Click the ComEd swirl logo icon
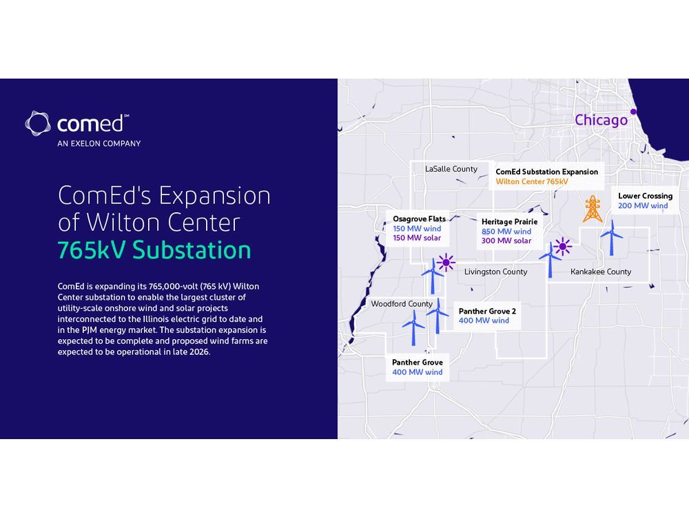click(39, 123)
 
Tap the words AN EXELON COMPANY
click(99, 144)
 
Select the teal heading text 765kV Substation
click(154, 250)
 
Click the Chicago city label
click(601, 120)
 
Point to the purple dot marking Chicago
click(634, 112)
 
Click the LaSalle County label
click(451, 169)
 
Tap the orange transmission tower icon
click(592, 209)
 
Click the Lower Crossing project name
click(645, 196)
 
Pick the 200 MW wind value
click(643, 206)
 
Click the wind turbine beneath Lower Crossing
click(611, 239)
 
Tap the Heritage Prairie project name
click(509, 222)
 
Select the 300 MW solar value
click(506, 241)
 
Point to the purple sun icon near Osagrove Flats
click(446, 262)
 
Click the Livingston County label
click(495, 272)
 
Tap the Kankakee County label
click(601, 272)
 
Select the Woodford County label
click(402, 304)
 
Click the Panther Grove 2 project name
click(487, 311)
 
